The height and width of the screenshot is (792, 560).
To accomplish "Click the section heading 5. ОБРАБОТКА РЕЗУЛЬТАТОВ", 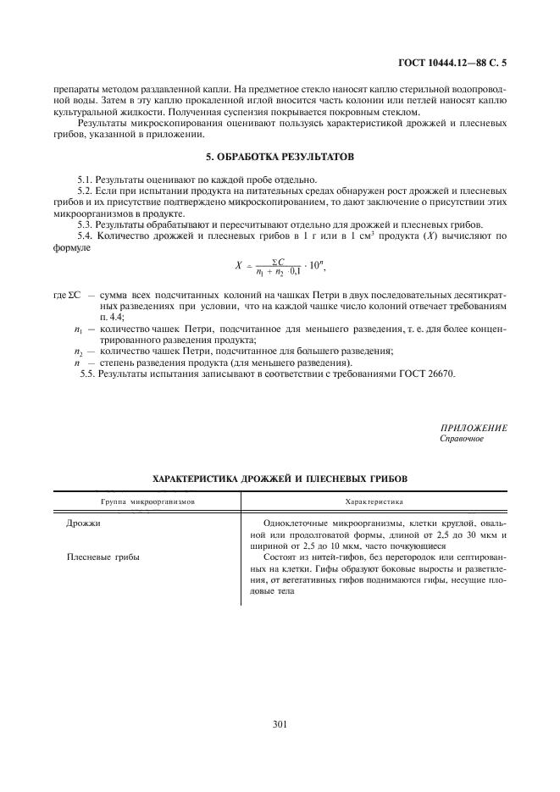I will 280,158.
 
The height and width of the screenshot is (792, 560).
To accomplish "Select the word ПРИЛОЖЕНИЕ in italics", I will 474,429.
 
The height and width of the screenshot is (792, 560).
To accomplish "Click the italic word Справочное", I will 462,439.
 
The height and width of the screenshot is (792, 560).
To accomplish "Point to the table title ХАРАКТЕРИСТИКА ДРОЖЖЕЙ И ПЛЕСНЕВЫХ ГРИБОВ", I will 279,479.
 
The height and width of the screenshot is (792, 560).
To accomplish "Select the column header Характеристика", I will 374,501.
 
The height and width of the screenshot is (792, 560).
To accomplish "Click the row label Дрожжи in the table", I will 83,523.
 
